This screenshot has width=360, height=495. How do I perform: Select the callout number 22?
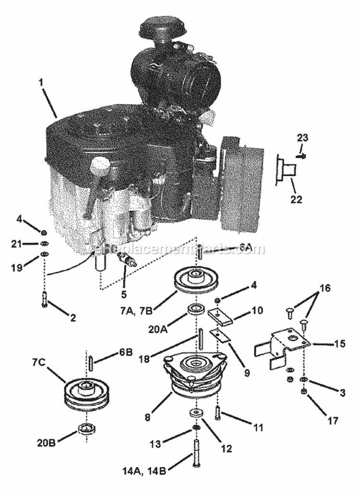(296, 198)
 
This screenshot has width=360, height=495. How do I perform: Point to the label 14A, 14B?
(144, 471)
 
